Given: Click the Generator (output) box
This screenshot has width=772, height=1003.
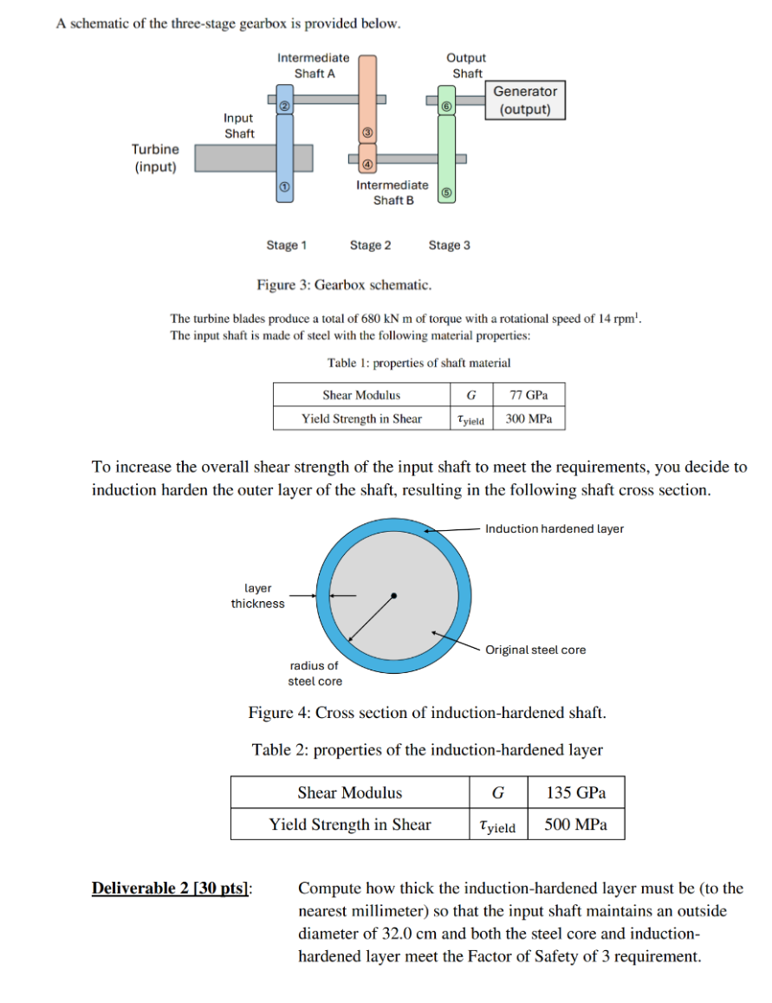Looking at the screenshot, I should click(x=525, y=100).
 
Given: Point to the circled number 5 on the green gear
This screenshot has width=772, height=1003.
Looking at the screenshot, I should click(x=446, y=193).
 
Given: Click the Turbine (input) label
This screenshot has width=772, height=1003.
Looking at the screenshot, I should click(x=155, y=158).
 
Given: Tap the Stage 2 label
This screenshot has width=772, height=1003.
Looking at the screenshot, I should click(x=370, y=245).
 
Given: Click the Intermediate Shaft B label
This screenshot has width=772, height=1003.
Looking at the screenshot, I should click(x=392, y=192).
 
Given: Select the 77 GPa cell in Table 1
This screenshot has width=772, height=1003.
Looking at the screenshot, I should click(x=529, y=395).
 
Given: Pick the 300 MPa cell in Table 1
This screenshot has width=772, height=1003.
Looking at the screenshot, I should click(x=529, y=418).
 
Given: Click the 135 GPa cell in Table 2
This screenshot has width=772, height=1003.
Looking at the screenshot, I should click(x=575, y=793).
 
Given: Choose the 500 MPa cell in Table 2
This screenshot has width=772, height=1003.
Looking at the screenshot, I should click(x=575, y=825).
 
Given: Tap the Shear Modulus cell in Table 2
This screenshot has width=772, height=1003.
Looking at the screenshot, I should click(x=350, y=793).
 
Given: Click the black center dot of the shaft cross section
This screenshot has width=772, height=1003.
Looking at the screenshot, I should click(x=394, y=595).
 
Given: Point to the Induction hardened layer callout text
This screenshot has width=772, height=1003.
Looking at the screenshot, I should click(x=555, y=528).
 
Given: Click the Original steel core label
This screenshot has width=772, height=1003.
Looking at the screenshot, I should click(x=535, y=650).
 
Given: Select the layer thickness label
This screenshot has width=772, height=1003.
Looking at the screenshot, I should click(x=257, y=596).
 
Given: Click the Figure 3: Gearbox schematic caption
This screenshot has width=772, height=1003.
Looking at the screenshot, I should click(x=344, y=285).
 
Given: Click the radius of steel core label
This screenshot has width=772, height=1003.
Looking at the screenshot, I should click(x=315, y=673).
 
